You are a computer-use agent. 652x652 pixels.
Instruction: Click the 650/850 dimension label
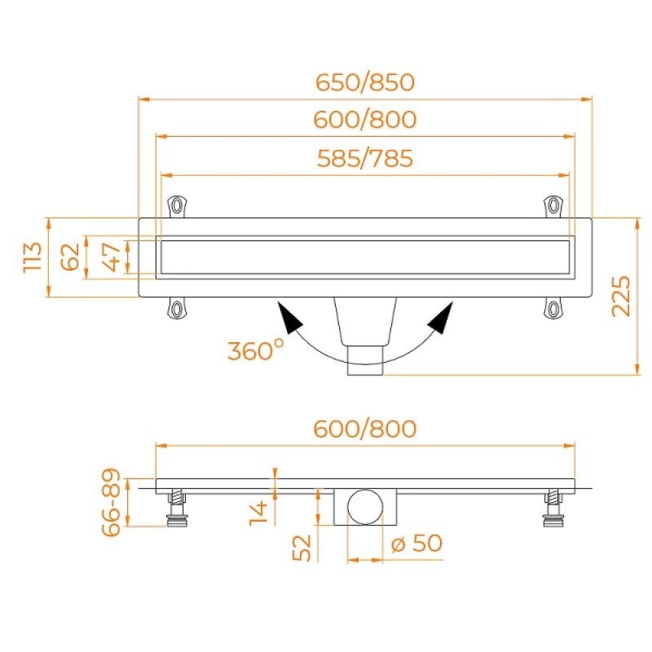point(365,82)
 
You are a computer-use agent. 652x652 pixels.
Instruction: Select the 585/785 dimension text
point(365,158)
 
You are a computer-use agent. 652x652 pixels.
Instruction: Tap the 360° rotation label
point(256,350)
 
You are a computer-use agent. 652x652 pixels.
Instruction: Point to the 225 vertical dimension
point(621,296)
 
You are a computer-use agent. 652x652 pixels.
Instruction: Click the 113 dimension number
point(33,258)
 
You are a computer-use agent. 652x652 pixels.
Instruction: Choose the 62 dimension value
point(70,257)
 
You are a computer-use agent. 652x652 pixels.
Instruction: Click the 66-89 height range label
point(111,502)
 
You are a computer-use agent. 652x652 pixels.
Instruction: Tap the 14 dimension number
point(258,513)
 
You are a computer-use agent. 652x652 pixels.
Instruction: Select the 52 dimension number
point(302,548)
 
